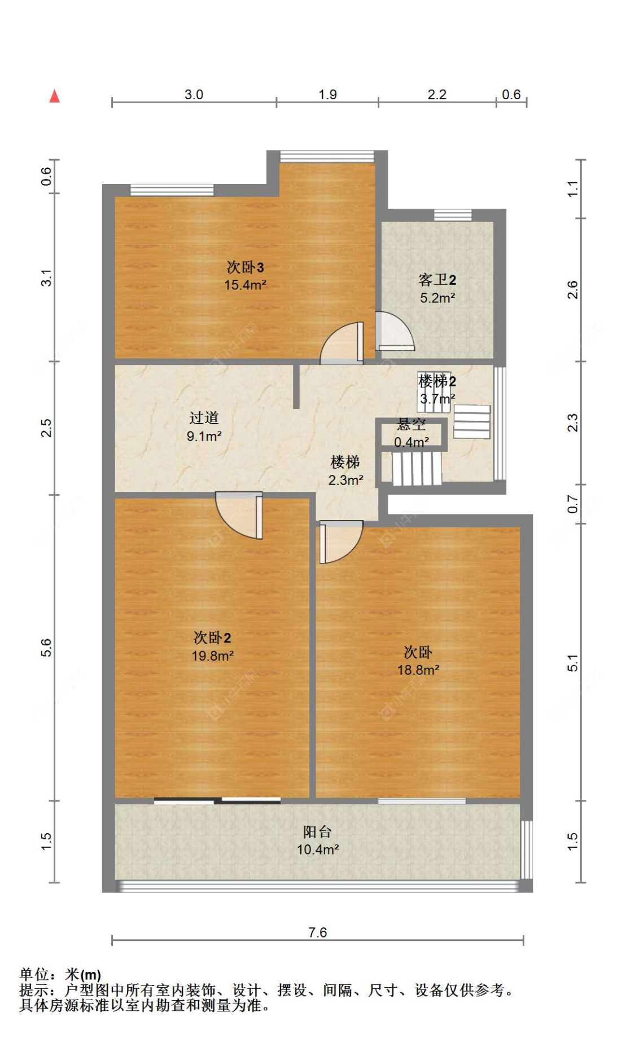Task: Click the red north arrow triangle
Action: [x=54, y=96]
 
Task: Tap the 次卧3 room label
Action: [x=245, y=267]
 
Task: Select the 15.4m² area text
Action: [x=245, y=285]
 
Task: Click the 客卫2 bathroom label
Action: [x=437, y=280]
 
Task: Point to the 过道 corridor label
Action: [x=204, y=418]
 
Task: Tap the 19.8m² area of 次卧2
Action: [x=212, y=655]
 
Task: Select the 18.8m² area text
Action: [x=418, y=670]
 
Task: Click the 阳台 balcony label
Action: [x=317, y=831]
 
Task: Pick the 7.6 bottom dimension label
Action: [x=317, y=932]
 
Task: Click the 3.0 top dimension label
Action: [x=194, y=94]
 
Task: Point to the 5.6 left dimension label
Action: [x=46, y=647]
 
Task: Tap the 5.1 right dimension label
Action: [x=572, y=663]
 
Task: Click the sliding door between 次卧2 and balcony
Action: [x=217, y=800]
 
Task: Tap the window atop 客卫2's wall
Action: [x=452, y=215]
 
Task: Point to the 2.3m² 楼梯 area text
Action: [x=345, y=480]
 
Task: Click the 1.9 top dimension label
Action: [x=327, y=94]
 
